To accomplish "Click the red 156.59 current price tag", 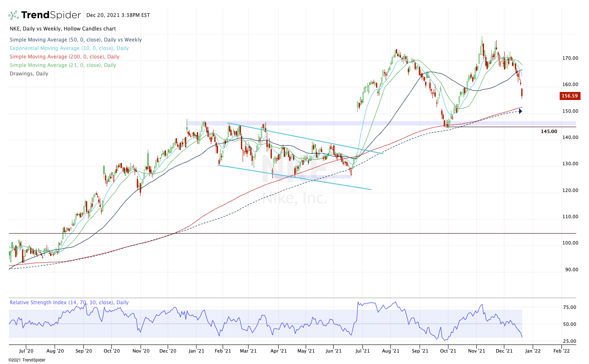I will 570,96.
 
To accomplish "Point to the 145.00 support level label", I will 549,131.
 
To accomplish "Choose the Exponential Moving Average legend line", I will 69,48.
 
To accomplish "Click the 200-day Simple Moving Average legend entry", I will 64,57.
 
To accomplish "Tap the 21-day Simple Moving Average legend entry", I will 63,65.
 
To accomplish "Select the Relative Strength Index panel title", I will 69,303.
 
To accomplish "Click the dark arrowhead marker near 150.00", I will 520,111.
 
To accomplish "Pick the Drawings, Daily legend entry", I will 29,74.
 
